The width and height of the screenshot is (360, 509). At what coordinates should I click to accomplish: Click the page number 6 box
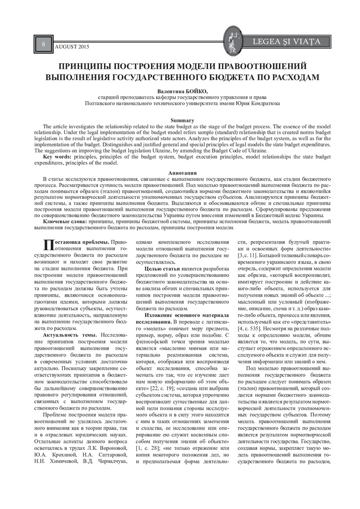[x=43, y=44]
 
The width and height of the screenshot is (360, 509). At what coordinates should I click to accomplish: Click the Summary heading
[x=180, y=121]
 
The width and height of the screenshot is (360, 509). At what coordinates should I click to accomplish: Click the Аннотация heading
[x=180, y=172]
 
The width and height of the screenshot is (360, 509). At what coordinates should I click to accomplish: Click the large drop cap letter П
[x=48, y=244]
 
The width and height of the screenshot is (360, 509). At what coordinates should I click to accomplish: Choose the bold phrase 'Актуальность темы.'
[x=70, y=336]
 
